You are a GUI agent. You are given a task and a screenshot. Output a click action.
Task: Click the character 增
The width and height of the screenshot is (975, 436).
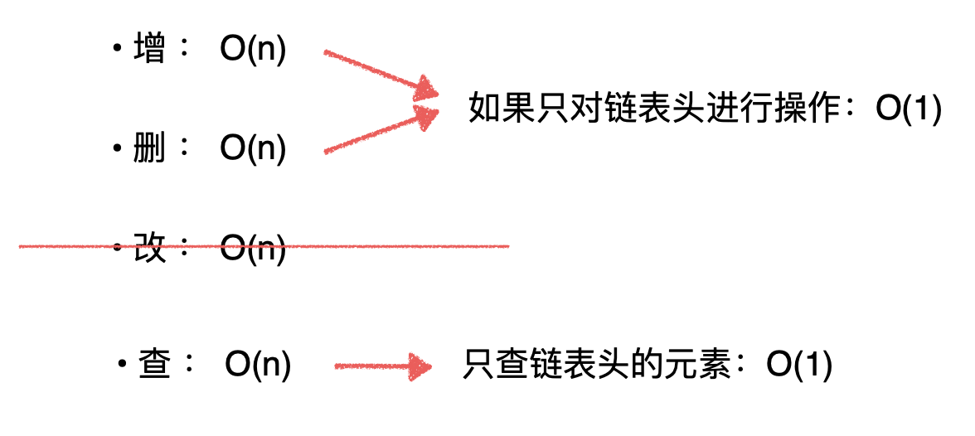point(149,51)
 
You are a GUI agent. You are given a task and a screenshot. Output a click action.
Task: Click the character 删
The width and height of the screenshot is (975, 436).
point(149,149)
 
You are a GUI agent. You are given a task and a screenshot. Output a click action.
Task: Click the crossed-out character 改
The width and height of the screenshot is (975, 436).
point(149,248)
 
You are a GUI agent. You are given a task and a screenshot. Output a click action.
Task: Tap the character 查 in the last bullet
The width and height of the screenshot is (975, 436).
point(154,365)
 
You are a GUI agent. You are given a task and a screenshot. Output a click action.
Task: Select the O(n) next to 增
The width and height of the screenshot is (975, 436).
point(253,51)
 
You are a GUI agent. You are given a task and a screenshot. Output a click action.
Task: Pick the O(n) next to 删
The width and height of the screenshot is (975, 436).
point(253,149)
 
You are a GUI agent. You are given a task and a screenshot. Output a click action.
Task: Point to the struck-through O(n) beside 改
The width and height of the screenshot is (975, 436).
point(253,248)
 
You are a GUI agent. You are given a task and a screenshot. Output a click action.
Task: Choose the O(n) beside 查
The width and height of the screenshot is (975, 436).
point(258,365)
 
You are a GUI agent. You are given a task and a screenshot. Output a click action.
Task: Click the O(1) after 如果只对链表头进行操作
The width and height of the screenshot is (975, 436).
point(909,110)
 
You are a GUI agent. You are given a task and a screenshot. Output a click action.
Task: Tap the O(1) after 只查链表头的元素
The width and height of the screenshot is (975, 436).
point(799,365)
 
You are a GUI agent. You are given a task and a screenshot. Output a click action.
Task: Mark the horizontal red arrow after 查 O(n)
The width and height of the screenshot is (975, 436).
point(383,366)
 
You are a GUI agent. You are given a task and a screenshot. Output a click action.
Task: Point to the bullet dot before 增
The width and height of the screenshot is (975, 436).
point(117,51)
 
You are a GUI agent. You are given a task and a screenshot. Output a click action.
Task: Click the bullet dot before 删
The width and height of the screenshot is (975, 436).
point(117,149)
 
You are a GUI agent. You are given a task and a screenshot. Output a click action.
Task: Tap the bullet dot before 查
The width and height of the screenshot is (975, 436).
point(122,365)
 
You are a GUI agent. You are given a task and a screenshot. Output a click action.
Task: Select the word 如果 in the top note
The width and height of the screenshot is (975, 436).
point(497,110)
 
